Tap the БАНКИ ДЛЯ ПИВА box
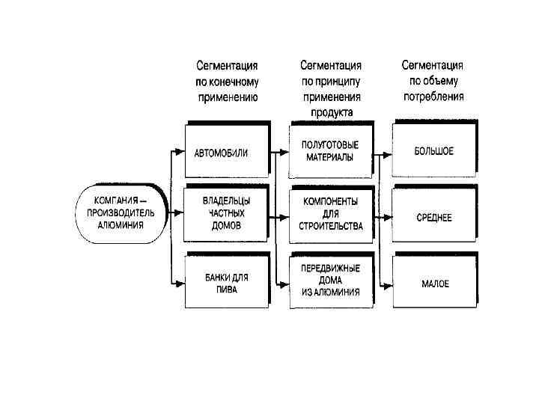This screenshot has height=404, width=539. click(x=226, y=283)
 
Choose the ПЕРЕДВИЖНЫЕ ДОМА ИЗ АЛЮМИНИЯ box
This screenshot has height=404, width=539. click(x=331, y=280)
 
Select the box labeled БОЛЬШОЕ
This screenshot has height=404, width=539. click(x=434, y=151)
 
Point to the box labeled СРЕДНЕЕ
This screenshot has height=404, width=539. click(x=434, y=218)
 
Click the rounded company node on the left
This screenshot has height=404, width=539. click(x=120, y=212)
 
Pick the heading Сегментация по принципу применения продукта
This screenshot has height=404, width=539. click(x=331, y=88)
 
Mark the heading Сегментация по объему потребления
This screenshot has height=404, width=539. click(x=433, y=81)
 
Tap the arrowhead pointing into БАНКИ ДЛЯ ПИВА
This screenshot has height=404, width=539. click(x=180, y=283)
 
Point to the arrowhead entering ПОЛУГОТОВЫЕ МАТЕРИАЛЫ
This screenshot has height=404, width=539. click(x=285, y=152)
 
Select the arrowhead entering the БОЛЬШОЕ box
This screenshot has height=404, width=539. click(x=388, y=154)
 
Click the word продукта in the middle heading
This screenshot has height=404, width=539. click(x=331, y=111)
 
